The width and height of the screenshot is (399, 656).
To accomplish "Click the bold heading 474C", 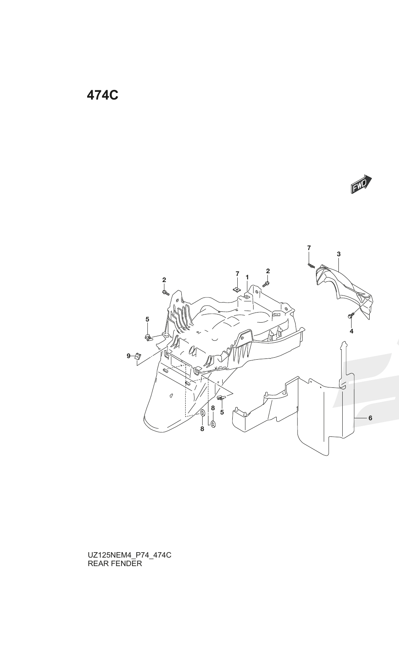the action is [x=103, y=95].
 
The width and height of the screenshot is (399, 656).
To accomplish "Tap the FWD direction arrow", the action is [x=361, y=184].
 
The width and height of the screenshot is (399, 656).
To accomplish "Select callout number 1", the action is [x=247, y=277].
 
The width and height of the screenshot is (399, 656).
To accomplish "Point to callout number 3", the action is [x=339, y=254].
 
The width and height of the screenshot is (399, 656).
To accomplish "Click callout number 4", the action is [x=352, y=331].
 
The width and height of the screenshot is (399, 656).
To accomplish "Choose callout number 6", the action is [x=370, y=418].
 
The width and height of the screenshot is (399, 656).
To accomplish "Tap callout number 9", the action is [x=128, y=356].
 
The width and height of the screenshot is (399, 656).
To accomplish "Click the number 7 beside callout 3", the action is [x=309, y=248].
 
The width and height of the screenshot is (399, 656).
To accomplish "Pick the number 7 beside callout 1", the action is [x=237, y=274].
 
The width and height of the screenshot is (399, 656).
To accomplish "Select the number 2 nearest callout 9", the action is [x=164, y=280].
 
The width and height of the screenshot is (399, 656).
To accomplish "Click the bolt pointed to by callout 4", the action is [x=351, y=315].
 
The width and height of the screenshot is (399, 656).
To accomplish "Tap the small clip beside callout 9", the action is [x=137, y=357].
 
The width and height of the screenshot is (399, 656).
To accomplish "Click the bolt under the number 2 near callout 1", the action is [x=266, y=284].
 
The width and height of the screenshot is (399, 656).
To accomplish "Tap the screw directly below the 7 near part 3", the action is [x=311, y=265].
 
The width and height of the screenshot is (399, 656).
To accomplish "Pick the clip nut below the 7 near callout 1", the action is [x=237, y=290].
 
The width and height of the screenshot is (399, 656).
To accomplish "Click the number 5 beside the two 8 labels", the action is [x=222, y=412].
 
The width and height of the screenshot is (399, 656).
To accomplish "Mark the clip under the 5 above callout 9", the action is [x=149, y=338].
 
